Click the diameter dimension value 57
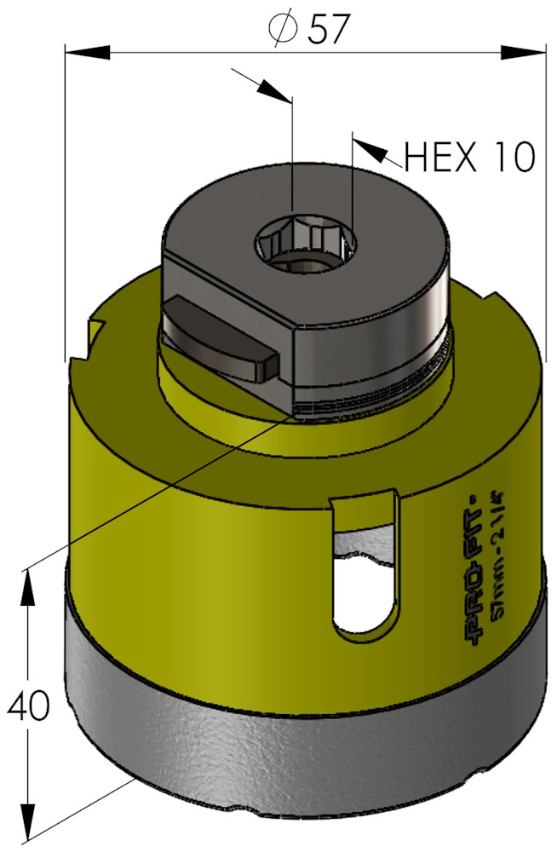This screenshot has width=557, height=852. [326, 29]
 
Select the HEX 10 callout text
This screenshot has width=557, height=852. [469, 157]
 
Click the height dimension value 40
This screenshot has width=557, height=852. [28, 705]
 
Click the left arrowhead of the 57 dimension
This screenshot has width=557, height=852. [87, 52]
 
